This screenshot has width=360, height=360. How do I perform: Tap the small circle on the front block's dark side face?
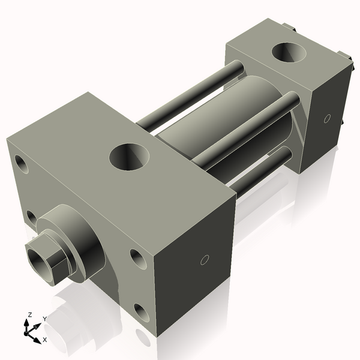coord(204,260)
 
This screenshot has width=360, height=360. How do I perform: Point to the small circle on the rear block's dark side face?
coord(327,118)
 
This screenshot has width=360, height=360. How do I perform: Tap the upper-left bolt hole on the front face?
coord(22,164)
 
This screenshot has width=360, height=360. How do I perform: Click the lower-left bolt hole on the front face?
coord(31,217)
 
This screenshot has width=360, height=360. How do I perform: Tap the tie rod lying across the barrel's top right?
coord(246,130)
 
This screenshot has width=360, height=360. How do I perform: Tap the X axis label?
coord(45,340)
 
